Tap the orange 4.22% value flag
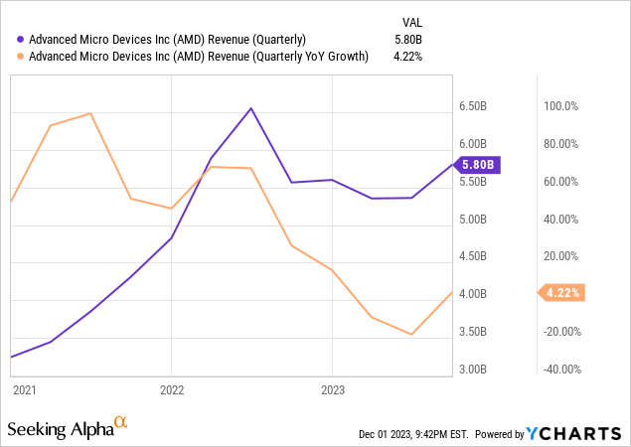point(561,292)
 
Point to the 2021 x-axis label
point(25,390)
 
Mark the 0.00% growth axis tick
point(559,294)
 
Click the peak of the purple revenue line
point(250,108)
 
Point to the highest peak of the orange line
point(90,113)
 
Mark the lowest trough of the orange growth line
point(411,335)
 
